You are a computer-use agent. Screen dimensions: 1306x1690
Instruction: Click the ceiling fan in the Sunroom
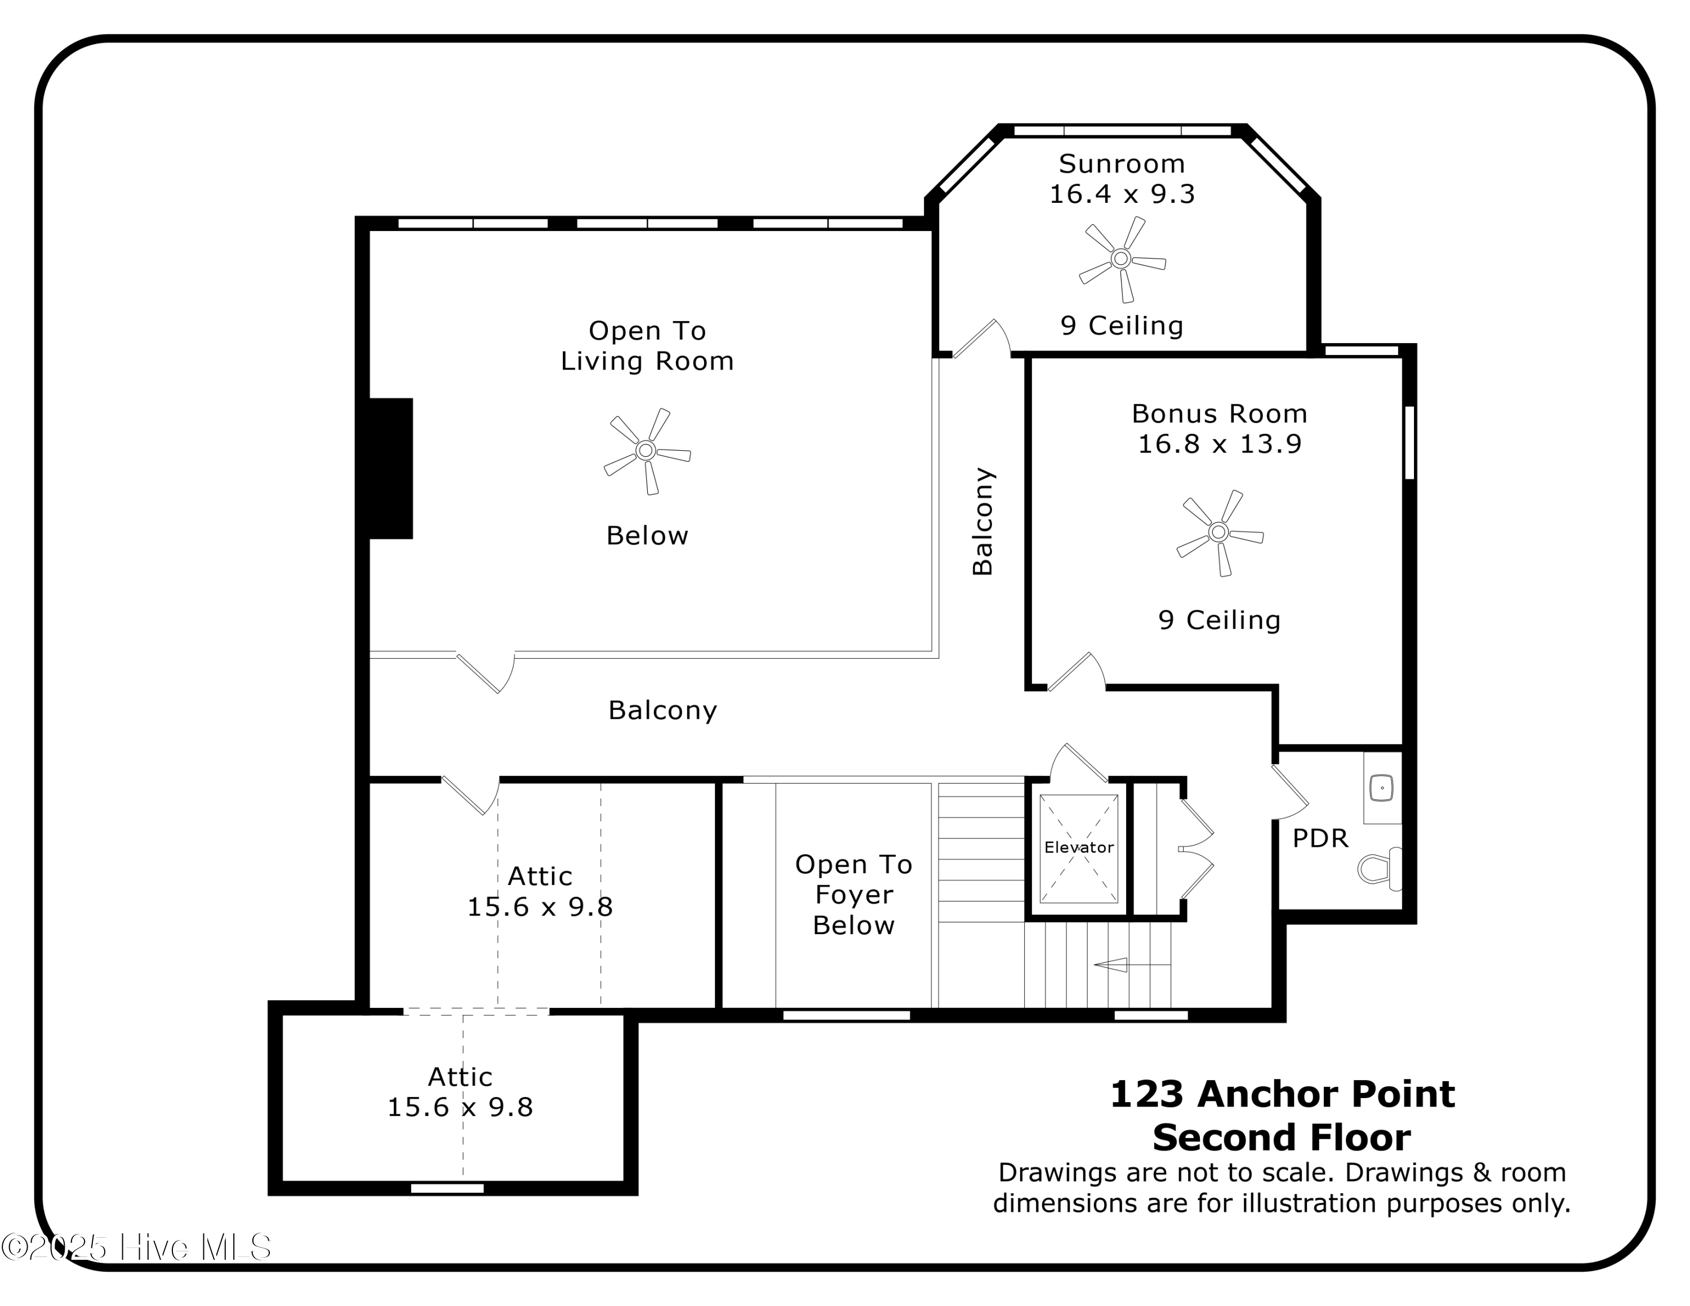tap(1121, 259)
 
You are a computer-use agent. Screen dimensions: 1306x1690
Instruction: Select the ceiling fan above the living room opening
tap(646, 450)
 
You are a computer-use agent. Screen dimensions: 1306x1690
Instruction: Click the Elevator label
tap(1079, 847)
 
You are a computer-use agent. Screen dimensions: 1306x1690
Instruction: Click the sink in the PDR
tap(1381, 788)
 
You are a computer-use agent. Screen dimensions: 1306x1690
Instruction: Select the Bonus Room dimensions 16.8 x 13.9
tap(1220, 444)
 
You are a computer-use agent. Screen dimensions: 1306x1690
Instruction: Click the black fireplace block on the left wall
tap(390, 468)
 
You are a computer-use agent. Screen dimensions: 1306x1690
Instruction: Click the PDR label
tap(1320, 838)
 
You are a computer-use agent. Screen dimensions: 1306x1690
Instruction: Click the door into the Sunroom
tap(980, 340)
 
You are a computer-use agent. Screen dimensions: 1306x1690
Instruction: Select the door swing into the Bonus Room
tap(1075, 672)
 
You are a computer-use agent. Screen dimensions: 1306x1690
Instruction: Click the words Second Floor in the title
tap(1282, 1138)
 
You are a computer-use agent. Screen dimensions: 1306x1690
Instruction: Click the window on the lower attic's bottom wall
tap(447, 1188)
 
